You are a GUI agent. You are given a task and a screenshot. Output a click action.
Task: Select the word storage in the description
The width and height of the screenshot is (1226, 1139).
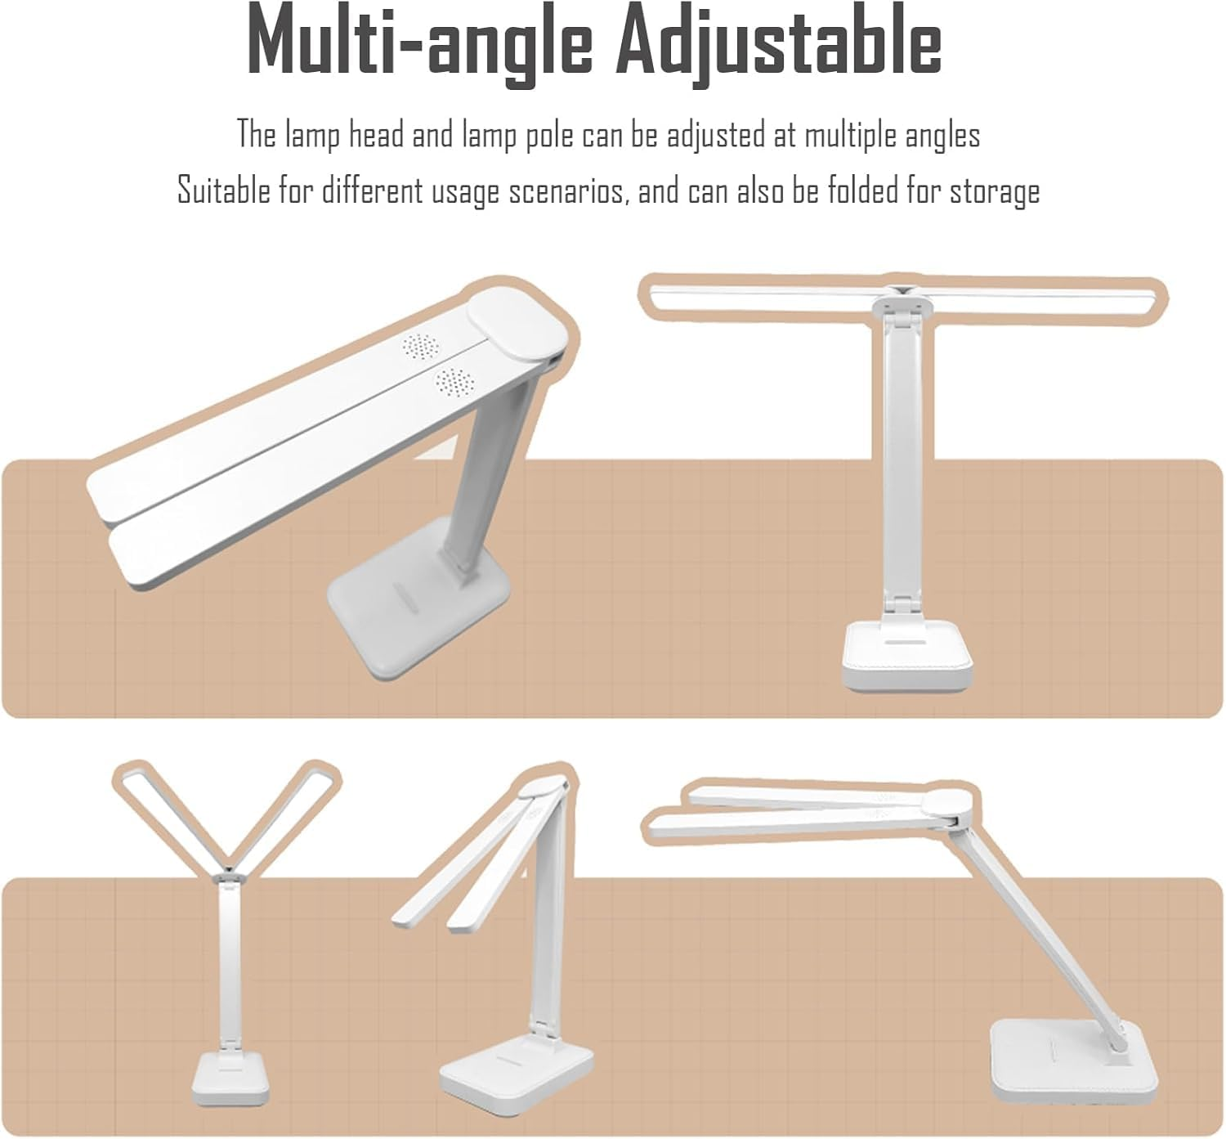point(994,191)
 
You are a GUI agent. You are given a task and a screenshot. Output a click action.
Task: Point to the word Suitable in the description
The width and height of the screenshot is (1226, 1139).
point(223,191)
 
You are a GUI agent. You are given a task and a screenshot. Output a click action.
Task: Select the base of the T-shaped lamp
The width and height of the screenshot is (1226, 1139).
point(907,655)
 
